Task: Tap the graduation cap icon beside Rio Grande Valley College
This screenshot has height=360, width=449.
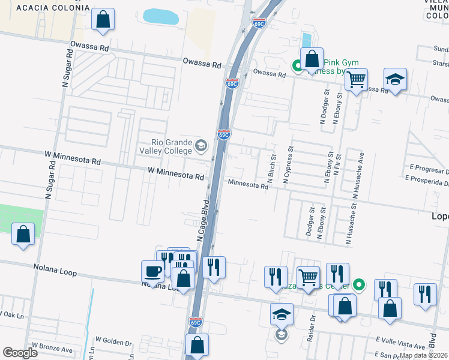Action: (x=201, y=145)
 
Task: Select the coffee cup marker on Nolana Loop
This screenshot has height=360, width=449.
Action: (x=152, y=271)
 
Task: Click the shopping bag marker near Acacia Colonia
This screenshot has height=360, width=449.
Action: (x=103, y=19)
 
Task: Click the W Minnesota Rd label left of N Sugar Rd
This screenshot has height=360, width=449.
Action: (x=72, y=158)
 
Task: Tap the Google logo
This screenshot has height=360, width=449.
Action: (x=20, y=353)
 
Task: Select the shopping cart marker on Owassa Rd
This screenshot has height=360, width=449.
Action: (x=357, y=79)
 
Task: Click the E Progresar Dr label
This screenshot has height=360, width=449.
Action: (x=429, y=167)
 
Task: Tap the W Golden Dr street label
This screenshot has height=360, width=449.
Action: (x=113, y=342)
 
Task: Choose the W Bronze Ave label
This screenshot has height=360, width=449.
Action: (x=52, y=347)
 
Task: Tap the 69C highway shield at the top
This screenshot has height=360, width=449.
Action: (x=259, y=23)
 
